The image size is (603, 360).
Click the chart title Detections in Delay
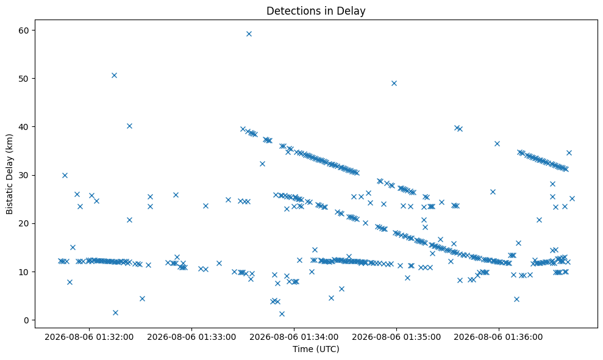(x=316, y=11)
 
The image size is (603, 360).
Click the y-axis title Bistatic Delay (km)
(x=10, y=174)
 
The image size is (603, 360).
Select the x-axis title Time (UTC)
(x=316, y=349)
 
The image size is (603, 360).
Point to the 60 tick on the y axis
(x=25, y=31)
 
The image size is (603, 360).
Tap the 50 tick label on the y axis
(x=25, y=79)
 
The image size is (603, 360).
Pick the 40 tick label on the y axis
(x=25, y=127)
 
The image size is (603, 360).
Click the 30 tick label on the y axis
(x=25, y=175)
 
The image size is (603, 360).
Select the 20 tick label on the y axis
(x=25, y=223)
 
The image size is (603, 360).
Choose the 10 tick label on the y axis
(x=25, y=272)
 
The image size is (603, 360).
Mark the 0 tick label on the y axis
(x=27, y=320)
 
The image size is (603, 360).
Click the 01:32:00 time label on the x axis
(x=89, y=337)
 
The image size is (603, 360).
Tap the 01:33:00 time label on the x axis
(x=191, y=337)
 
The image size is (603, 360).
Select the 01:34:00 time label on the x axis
(x=294, y=337)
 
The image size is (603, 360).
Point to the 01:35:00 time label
(x=396, y=337)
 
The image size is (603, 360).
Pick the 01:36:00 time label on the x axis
(x=498, y=337)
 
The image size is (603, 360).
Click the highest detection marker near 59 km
(x=249, y=34)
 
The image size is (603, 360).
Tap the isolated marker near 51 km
(x=114, y=75)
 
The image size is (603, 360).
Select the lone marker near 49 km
(x=394, y=83)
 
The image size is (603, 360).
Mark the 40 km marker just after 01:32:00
(x=130, y=126)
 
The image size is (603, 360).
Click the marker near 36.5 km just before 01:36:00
(x=497, y=143)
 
